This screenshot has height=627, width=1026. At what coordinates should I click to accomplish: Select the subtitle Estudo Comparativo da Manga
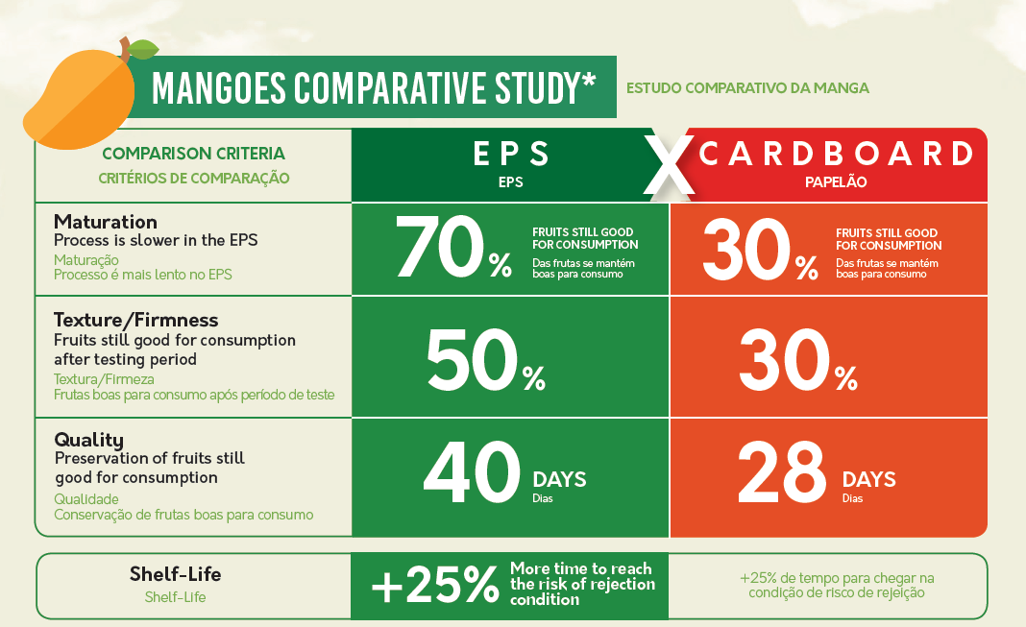coord(747,88)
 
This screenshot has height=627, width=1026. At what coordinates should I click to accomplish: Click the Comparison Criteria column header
coord(193,154)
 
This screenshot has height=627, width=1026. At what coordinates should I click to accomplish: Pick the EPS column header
coord(511,154)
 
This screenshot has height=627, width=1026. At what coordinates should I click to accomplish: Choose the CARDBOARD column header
coord(836,154)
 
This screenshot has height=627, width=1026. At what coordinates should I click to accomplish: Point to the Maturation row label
coord(106,223)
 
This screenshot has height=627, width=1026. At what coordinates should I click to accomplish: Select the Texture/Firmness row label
coord(136,320)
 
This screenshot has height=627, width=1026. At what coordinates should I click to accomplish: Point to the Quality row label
coord(88,440)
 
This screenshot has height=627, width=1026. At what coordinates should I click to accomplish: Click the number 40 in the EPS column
coord(472,473)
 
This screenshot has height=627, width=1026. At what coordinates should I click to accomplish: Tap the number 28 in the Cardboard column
coord(781,473)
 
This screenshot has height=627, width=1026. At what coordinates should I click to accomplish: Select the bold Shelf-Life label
coord(175,574)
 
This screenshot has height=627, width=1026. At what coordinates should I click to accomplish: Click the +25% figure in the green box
coord(434,586)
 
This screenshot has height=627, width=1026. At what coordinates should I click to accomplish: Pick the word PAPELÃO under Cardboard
coord(836,181)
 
